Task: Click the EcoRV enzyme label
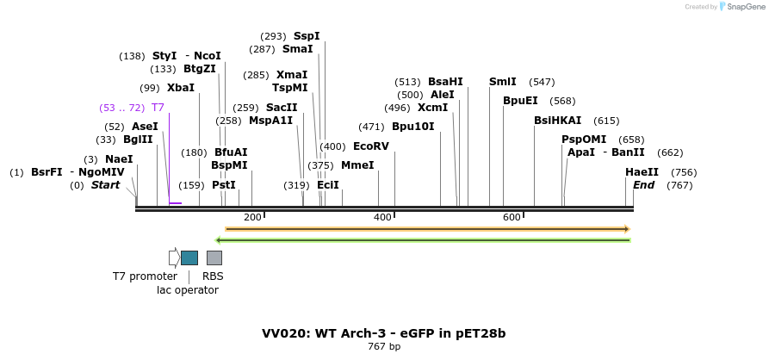(x=371, y=146)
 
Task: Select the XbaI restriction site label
(x=181, y=88)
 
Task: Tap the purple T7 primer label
(x=158, y=108)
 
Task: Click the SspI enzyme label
(x=307, y=36)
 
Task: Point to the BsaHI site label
(x=445, y=82)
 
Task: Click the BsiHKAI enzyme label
(x=557, y=121)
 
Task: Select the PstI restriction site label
(x=223, y=184)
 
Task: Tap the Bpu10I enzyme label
(x=412, y=127)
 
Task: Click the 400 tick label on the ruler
(x=382, y=217)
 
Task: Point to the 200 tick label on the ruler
(x=252, y=217)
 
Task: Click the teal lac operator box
(x=189, y=258)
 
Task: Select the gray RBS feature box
(x=214, y=258)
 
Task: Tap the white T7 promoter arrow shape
(x=174, y=258)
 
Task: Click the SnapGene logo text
(x=746, y=7)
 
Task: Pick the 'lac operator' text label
(x=187, y=290)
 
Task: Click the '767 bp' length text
(x=384, y=347)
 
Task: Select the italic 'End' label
(x=643, y=185)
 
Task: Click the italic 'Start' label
(x=105, y=185)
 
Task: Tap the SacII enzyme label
(x=282, y=108)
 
